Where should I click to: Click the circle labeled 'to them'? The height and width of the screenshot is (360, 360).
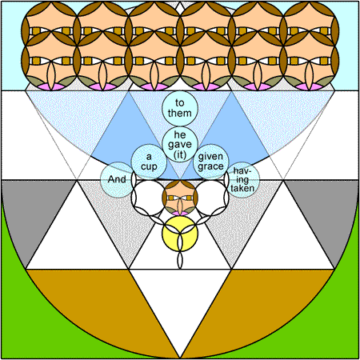click(x=180, y=108)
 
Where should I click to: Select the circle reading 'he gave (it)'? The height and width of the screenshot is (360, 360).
click(x=180, y=144)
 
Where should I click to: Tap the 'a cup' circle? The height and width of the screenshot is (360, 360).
click(x=149, y=162)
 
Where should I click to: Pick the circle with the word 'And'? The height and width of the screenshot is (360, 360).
click(x=118, y=180)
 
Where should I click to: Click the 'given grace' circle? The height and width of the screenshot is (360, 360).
click(x=211, y=162)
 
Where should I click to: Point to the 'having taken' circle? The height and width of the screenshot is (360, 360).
click(x=242, y=180)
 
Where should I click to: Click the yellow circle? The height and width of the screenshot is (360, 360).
click(x=180, y=234)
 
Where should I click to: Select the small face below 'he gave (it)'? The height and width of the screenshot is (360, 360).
click(x=180, y=198)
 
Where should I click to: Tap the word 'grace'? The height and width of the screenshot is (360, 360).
click(x=210, y=166)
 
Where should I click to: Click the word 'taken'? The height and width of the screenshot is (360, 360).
click(x=242, y=188)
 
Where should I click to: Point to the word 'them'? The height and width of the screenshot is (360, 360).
click(x=180, y=113)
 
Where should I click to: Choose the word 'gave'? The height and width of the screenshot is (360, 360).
click(x=180, y=145)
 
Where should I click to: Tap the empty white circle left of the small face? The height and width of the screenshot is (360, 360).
click(x=149, y=198)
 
